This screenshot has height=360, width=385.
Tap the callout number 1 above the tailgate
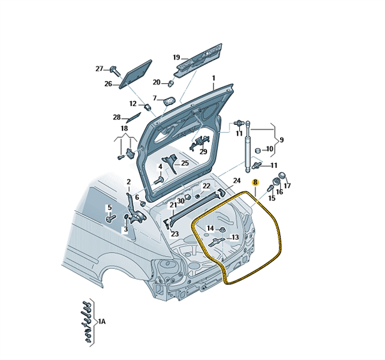[212, 78]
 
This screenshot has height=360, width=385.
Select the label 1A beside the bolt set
[102, 322]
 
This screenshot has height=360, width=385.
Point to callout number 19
[176, 58]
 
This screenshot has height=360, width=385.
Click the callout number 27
[100, 69]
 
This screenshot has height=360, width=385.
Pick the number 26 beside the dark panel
[108, 84]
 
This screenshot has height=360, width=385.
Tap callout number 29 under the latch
[203, 152]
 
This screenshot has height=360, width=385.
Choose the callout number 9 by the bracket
[281, 139]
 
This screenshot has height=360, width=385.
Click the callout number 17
[287, 185]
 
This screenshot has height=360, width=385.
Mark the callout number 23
[175, 234]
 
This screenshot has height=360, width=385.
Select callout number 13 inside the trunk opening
[234, 238]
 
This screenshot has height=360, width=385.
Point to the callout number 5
[109, 208]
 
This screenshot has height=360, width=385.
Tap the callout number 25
[185, 163]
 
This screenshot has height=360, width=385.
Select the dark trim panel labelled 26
[136, 73]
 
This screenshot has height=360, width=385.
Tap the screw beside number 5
[110, 218]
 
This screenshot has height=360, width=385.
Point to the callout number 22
[206, 186]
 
